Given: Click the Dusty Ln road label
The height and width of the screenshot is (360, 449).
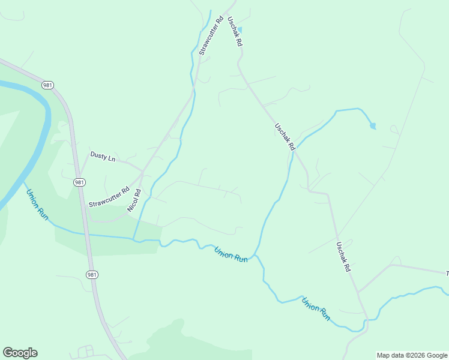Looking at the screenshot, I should point(103,156).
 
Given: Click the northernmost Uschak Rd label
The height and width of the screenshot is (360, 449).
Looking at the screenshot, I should point(234,31).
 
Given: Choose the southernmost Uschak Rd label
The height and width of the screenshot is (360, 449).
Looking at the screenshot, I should point(343,257).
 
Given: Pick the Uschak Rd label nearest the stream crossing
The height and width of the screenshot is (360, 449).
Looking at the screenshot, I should point(285,137).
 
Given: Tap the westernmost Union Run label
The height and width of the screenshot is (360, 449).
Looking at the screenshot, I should point(36,203).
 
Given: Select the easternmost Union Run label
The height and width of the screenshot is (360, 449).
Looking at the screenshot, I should point(316,308).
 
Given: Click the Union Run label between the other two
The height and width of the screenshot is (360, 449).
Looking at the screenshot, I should point(231,254).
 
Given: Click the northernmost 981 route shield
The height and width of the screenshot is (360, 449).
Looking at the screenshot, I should point(48,85).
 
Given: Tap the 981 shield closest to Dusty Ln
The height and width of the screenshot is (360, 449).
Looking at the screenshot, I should point(79,182).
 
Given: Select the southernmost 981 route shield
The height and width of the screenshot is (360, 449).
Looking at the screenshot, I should point(91,274).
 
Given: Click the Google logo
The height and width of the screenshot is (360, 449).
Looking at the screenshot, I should point(20,353).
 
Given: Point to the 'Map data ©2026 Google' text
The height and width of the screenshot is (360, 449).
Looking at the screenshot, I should point(411,355).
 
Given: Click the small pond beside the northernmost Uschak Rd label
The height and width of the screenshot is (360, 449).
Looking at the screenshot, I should point(240,29).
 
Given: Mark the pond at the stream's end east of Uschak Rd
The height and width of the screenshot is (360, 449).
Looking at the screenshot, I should point(373,126).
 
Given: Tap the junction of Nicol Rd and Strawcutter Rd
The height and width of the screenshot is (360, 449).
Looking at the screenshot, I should point(142,174).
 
